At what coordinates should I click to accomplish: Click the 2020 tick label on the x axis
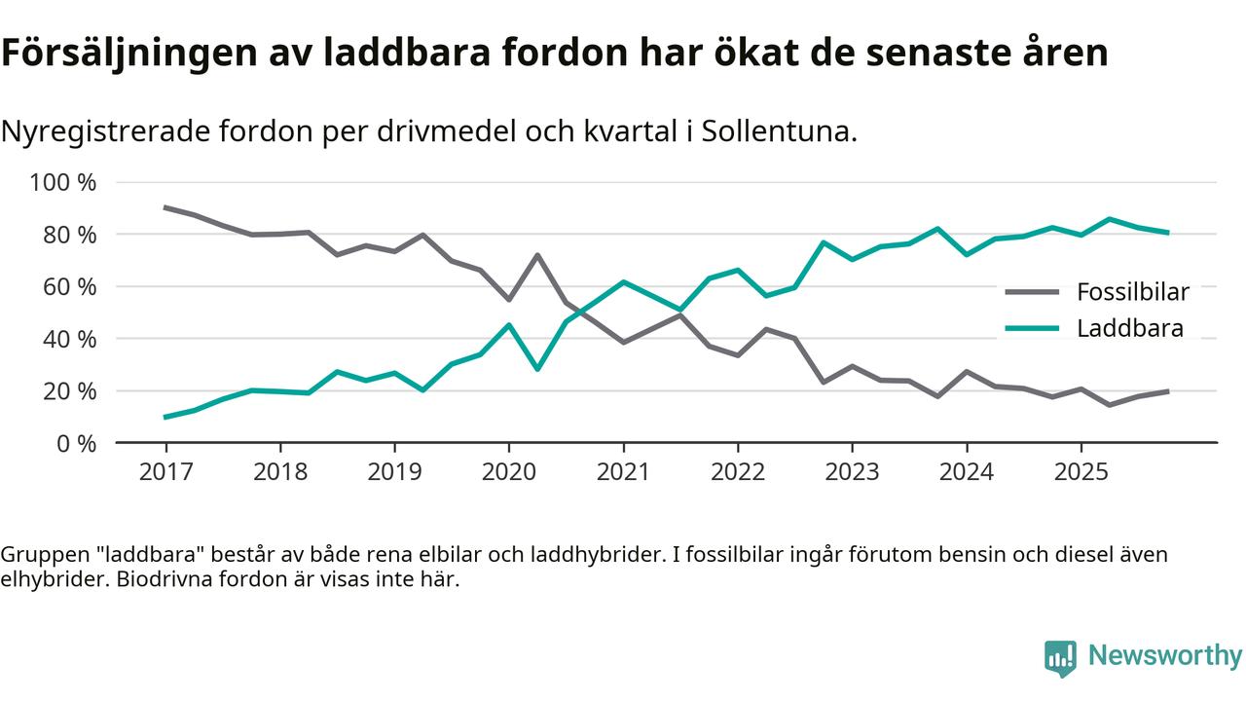coord(508,472)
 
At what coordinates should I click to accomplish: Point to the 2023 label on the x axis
coord(852,472)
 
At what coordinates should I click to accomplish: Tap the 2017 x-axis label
coord(165,472)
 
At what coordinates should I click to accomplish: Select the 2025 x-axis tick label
coord(1081,472)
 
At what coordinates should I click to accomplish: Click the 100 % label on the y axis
coord(63,183)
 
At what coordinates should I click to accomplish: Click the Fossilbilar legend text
coord(1132,292)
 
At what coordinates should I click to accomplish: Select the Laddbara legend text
coord(1129,328)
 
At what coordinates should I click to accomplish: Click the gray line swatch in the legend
coord(1032,292)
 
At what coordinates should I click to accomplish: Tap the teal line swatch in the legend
coord(1032,328)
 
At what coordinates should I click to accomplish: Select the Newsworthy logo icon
coord(1060,657)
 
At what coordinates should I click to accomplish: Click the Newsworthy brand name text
coord(1164,656)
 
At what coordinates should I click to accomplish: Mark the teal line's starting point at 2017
coord(165,417)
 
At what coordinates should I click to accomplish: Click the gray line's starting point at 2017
coord(165,207)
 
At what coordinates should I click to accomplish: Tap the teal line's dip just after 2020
coord(536,369)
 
